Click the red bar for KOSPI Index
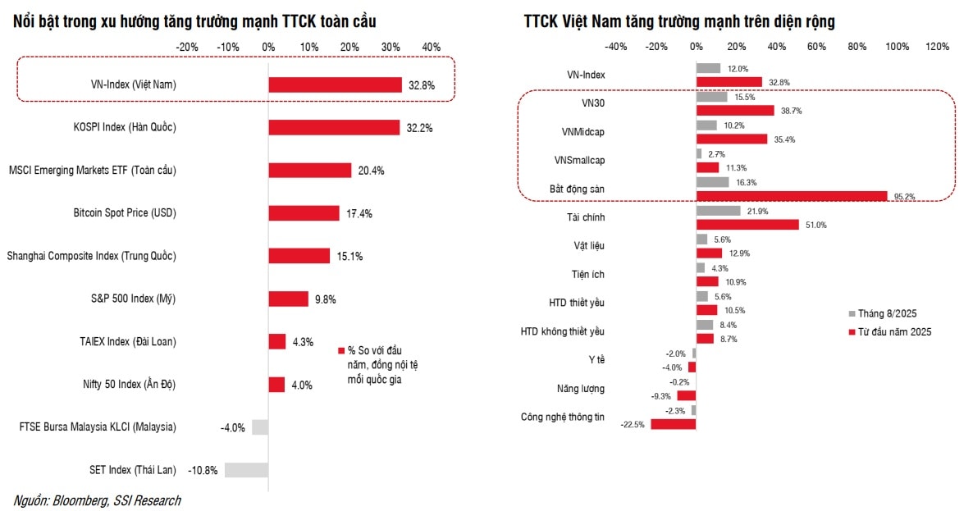pos(334,127)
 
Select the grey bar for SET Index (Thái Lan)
pos(246,470)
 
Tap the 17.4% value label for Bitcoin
pos(359,213)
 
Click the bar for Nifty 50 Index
pos(276,385)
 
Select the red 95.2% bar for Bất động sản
pos(792,196)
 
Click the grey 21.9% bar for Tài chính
pos(719,211)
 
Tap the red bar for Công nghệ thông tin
pos(674,424)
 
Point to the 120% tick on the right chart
pos(937,46)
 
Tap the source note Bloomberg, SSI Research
pos(97,500)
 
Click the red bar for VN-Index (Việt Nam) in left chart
pos(336,84)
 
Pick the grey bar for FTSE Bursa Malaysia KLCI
pos(260,427)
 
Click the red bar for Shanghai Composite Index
pos(299,256)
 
